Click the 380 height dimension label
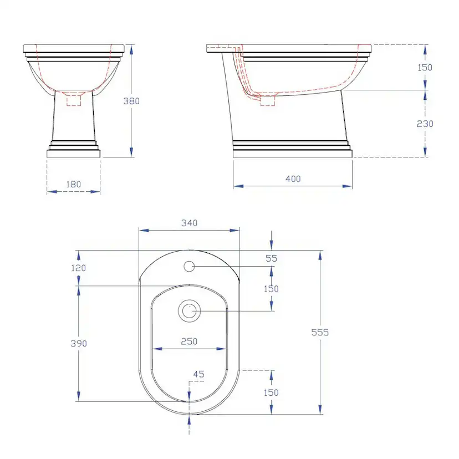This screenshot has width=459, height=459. coord(131,101)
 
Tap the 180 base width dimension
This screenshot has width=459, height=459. coord(74,184)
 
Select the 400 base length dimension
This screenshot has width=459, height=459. coord(293,178)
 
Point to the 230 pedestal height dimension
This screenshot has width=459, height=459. coord(425,124)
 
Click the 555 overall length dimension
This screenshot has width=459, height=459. coord(320,332)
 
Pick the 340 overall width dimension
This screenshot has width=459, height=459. coord(190,223)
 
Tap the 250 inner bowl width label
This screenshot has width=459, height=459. coord(189,341)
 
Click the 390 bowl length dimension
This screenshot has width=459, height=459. coord(79,343)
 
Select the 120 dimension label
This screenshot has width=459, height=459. coord(79,268)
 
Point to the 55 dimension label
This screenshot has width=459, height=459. coord(272,258)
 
